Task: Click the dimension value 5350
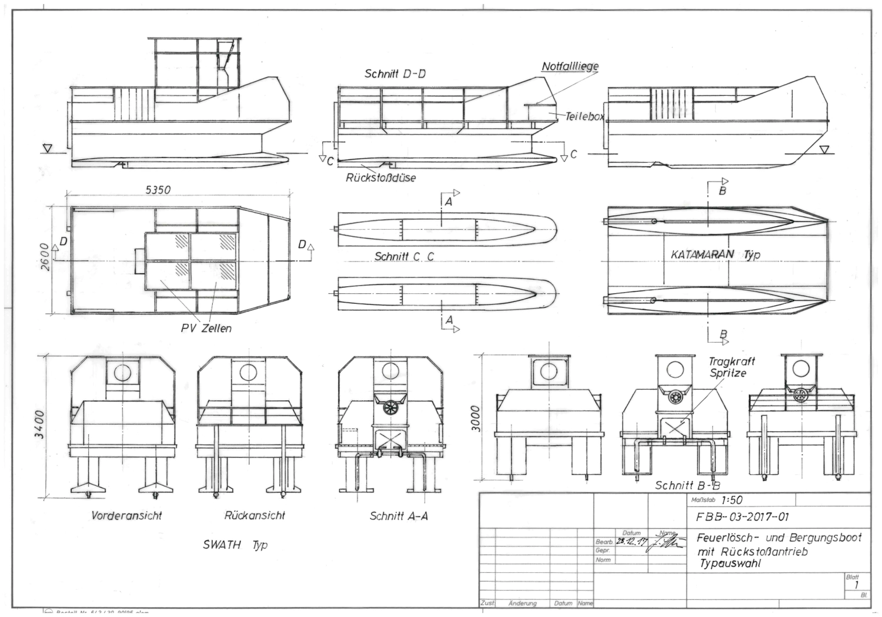coord(158,190)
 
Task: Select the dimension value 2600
coord(46,257)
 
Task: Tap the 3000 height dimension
coord(476,418)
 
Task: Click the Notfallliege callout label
coord(570,66)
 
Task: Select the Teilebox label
coord(584,117)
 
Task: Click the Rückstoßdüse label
coord(380,177)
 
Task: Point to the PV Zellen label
coord(206,328)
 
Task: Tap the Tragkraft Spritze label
coord(731,367)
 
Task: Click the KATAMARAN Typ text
coord(716,254)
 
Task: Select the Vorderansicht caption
coord(126,516)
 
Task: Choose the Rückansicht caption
coord(255,515)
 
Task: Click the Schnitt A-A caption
coord(399,516)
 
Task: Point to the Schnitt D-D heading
coord(395,74)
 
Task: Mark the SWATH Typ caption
coord(235,545)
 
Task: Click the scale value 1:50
coord(731,500)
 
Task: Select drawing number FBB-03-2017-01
coord(743,518)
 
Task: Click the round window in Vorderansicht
coord(123,373)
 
